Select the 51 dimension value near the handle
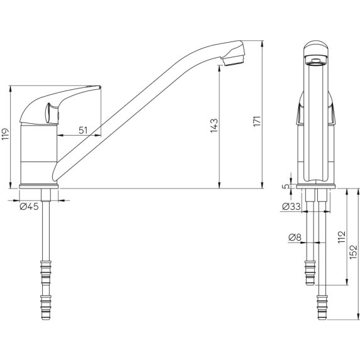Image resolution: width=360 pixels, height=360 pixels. click(83, 129)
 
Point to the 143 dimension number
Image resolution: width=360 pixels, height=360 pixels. click(214, 126)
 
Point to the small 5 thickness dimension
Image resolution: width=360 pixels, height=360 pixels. click(286, 185)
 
